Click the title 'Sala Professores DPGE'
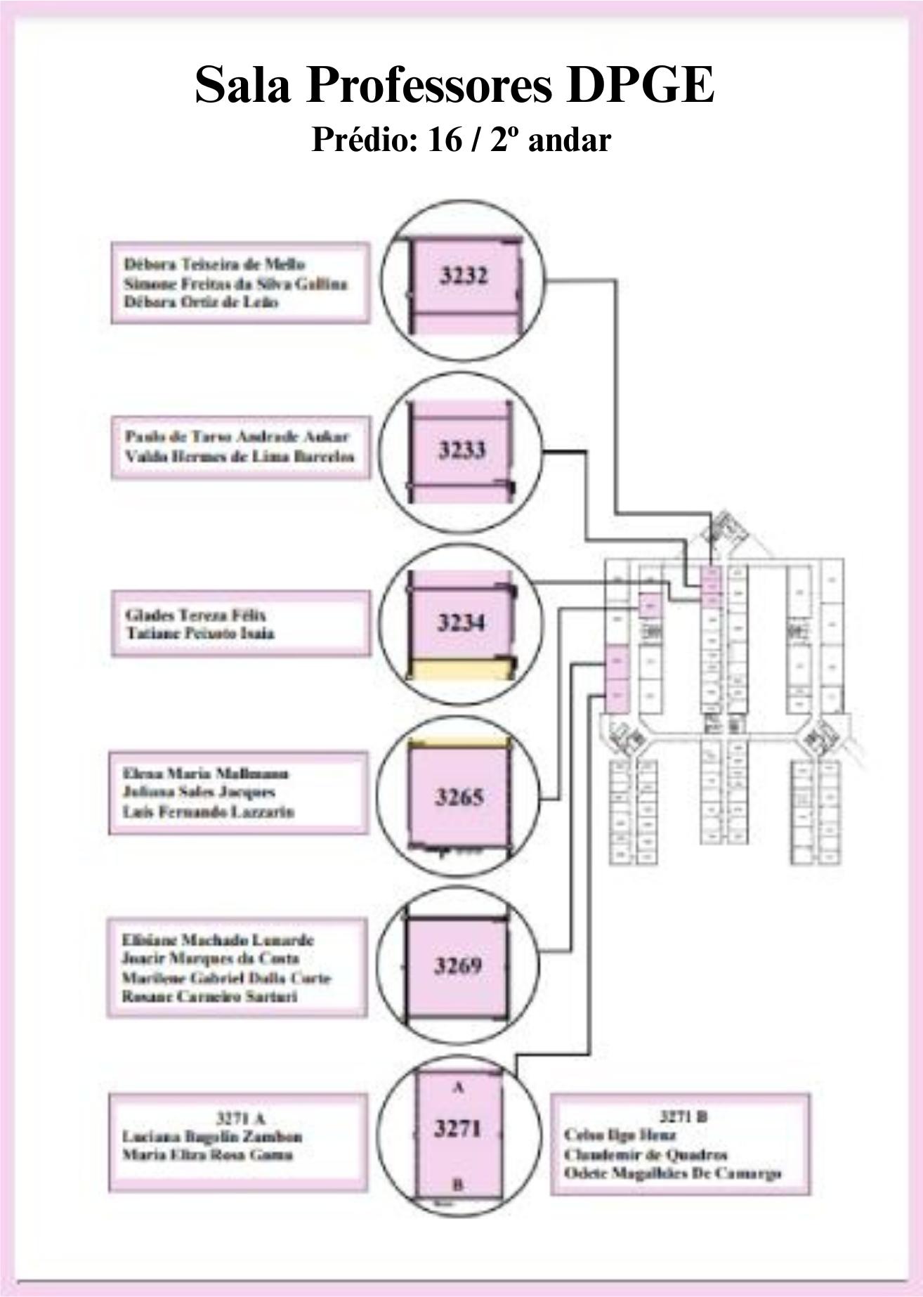click(454, 84)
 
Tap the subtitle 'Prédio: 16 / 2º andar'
click(461, 140)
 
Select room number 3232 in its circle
click(463, 276)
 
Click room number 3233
click(462, 450)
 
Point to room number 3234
click(461, 623)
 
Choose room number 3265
click(459, 797)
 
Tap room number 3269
click(458, 966)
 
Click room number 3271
click(458, 1128)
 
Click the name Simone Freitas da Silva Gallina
click(235, 284)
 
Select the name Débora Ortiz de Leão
click(201, 302)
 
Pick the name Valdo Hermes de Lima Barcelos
click(240, 456)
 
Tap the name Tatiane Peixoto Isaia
click(200, 633)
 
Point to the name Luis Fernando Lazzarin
click(208, 812)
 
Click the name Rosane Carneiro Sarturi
click(209, 996)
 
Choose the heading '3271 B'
click(683, 1116)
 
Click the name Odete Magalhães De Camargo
click(672, 1173)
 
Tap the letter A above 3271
click(458, 1087)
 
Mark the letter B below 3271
click(457, 1185)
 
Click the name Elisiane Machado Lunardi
click(218, 940)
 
